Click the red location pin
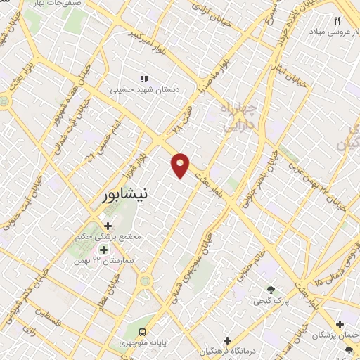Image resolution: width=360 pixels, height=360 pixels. point(181,165)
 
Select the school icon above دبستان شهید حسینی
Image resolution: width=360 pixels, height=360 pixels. point(145,79)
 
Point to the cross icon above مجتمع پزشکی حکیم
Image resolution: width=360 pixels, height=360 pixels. point(108,226)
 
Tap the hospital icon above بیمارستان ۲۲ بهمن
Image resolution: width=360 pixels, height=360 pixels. point(103,250)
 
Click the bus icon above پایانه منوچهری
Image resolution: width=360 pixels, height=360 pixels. point(143,330)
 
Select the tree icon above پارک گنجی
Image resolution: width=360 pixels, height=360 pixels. point(271,289)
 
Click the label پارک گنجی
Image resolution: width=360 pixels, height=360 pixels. point(271,300)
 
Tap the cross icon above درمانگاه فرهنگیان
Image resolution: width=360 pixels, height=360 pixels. point(226,340)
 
